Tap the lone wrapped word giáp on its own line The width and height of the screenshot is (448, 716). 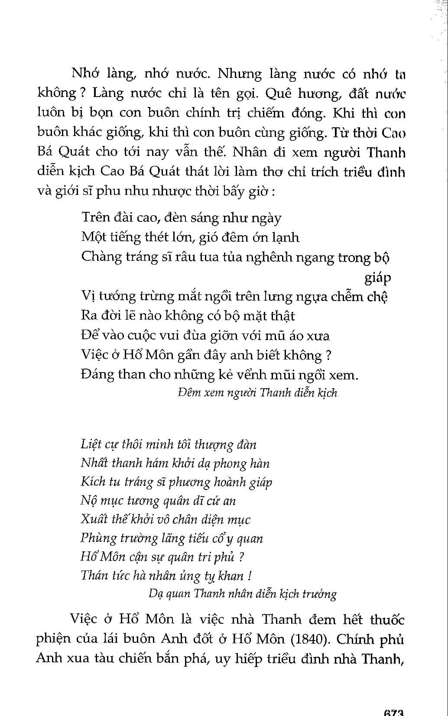pos(377,277)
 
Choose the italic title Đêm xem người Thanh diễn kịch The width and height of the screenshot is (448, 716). pos(257,392)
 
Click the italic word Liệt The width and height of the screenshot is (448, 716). pos(91,444)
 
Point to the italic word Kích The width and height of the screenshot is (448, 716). pos(93,482)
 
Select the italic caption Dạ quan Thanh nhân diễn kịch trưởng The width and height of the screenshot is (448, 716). pos(242,593)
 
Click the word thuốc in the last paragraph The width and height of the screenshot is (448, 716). pos(387,619)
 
